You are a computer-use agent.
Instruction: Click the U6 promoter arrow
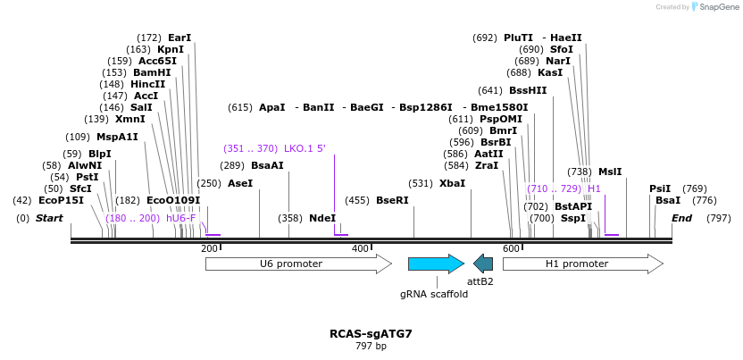(x=297, y=264)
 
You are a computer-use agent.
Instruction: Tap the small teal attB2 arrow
(x=483, y=264)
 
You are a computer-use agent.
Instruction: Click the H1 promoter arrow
(x=582, y=264)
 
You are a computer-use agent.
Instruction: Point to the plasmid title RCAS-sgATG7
(x=371, y=334)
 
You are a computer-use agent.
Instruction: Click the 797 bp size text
(x=371, y=346)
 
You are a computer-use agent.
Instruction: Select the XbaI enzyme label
(x=452, y=183)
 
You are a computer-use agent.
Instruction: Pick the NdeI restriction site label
(x=322, y=218)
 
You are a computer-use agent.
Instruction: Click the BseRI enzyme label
(x=392, y=200)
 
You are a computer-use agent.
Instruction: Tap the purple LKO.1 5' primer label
(x=305, y=148)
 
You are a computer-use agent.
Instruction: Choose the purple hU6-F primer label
(x=181, y=218)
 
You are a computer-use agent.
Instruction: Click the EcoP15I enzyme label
(x=61, y=200)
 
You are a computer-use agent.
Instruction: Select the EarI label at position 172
(x=179, y=38)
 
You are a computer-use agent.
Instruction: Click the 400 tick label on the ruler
(x=361, y=247)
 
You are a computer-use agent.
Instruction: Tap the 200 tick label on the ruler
(x=210, y=247)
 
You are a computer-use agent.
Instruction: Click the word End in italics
(x=681, y=218)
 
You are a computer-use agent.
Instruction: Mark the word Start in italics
(x=49, y=218)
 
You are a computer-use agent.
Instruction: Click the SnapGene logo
(x=714, y=7)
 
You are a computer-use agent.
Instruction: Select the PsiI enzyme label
(x=660, y=188)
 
